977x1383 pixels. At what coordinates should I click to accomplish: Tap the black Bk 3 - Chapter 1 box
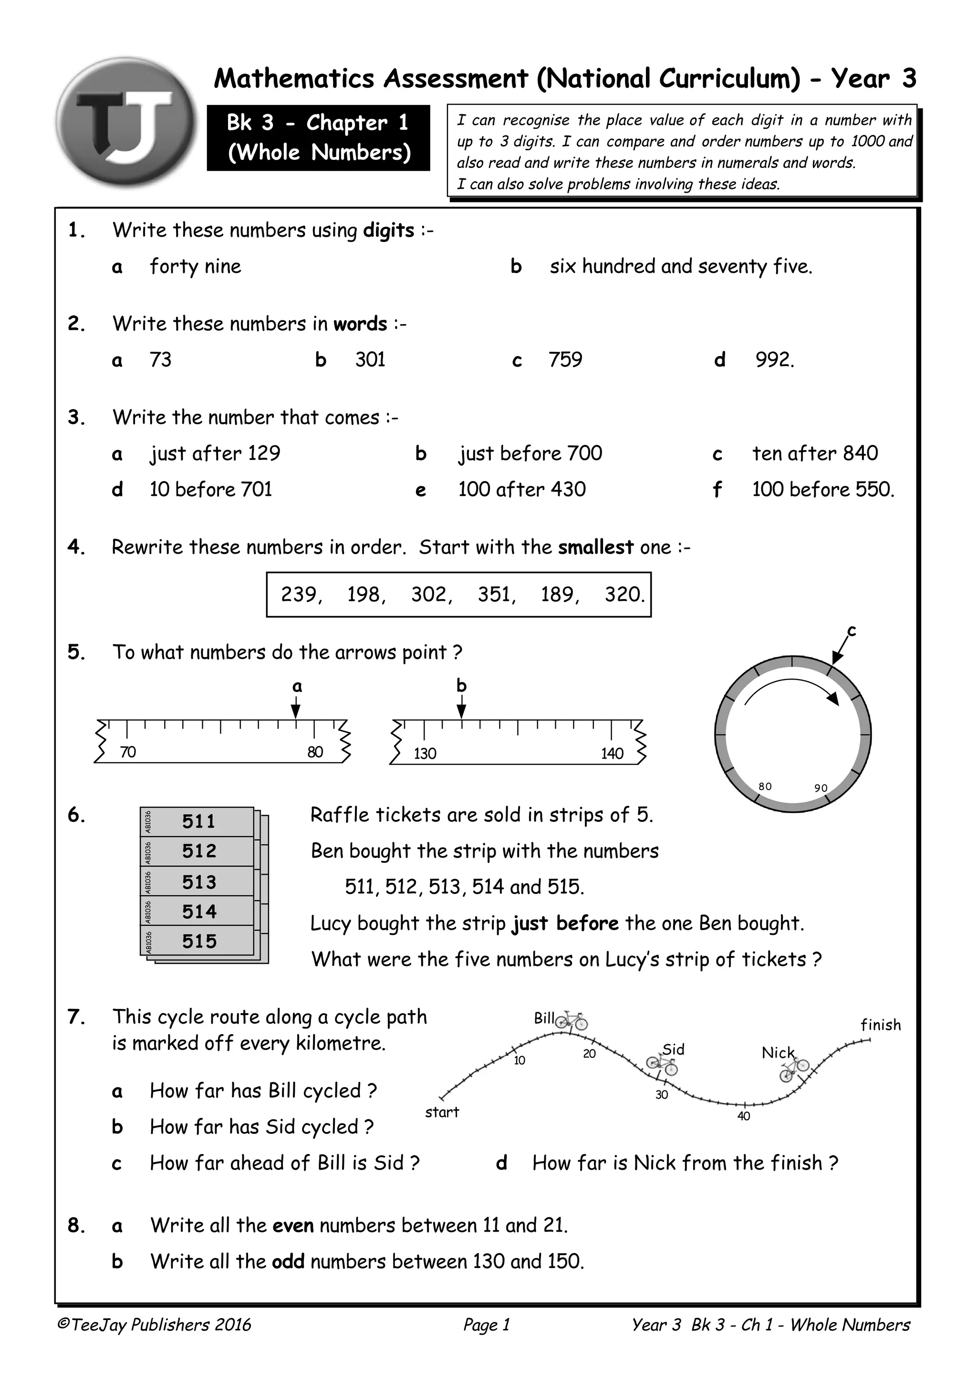319,137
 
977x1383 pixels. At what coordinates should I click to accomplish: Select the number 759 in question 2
565,360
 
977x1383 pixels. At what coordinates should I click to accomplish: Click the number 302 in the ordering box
430,595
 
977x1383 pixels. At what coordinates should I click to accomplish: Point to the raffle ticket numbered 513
198,882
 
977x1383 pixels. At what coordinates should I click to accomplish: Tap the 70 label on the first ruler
128,752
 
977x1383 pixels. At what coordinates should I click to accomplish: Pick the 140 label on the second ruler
612,753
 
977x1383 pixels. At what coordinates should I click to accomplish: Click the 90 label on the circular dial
821,788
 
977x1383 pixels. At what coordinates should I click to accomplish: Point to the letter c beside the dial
851,631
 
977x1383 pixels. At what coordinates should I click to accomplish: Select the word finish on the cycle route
880,1025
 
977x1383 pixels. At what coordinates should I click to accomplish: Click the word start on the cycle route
442,1112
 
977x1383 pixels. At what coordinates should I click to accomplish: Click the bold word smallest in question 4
595,547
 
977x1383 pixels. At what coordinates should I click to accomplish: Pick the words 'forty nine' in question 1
195,266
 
